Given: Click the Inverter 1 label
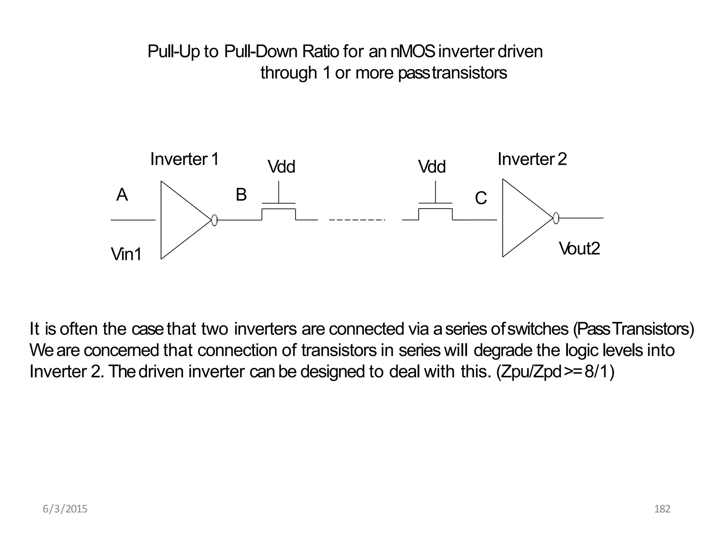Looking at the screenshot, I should point(184,159).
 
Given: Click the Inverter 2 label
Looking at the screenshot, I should point(532,159).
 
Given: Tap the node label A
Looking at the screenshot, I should point(122,195).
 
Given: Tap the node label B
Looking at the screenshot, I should point(241,195).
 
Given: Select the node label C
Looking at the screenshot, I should point(481,198).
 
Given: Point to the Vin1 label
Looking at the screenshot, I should point(126,254).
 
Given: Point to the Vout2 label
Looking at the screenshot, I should point(579,249).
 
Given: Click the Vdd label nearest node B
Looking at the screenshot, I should point(281,167).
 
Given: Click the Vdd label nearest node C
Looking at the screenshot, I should point(432,167).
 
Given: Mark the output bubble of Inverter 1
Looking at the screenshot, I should point(214,220).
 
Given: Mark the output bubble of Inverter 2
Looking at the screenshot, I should point(556,218).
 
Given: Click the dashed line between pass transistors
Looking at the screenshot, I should point(357,220).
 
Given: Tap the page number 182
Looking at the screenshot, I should point(662,509).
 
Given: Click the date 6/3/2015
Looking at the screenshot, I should point(65,509).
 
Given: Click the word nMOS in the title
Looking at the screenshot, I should point(412,52).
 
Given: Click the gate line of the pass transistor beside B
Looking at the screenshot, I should point(278,203).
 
